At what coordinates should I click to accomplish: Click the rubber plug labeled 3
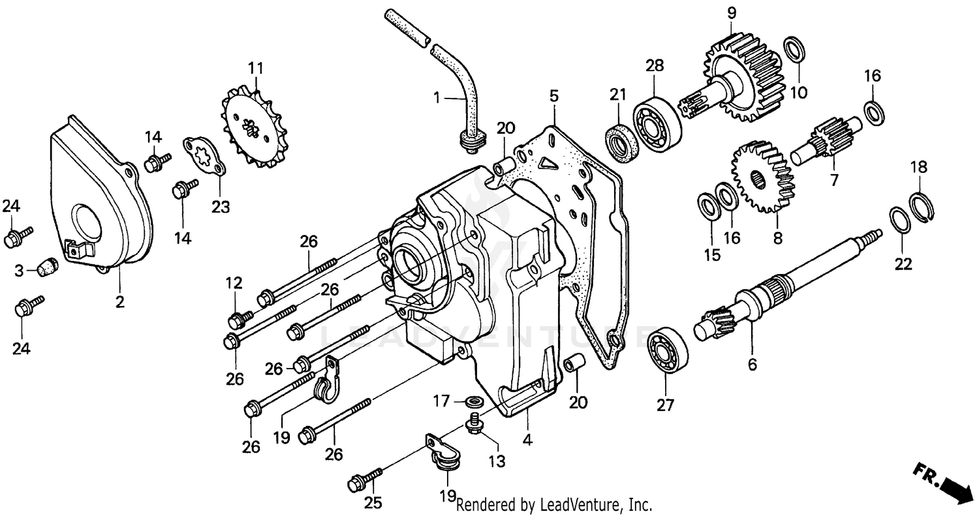coord(46,267)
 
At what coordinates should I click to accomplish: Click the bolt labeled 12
coord(240,319)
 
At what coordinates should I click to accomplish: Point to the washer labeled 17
coord(474,399)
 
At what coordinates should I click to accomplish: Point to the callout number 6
coord(753,365)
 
